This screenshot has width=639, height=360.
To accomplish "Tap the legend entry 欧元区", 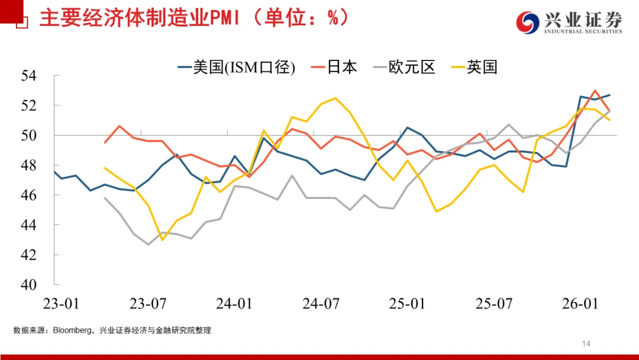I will point(412,67).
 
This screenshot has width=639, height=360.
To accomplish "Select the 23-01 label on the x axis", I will point(61,304).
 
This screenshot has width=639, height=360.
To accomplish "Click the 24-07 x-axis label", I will point(321,304).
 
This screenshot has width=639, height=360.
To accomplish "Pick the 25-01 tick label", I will point(407,304).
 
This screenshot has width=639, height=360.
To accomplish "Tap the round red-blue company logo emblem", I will point(528,23).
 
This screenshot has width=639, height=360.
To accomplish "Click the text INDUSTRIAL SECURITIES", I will point(583,32).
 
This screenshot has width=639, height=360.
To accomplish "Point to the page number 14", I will point(587,343).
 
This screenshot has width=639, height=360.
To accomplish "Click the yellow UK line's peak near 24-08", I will point(335,98).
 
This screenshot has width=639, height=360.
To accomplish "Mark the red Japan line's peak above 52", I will point(595,91).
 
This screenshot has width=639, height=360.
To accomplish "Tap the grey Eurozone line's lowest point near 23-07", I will point(148,244).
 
